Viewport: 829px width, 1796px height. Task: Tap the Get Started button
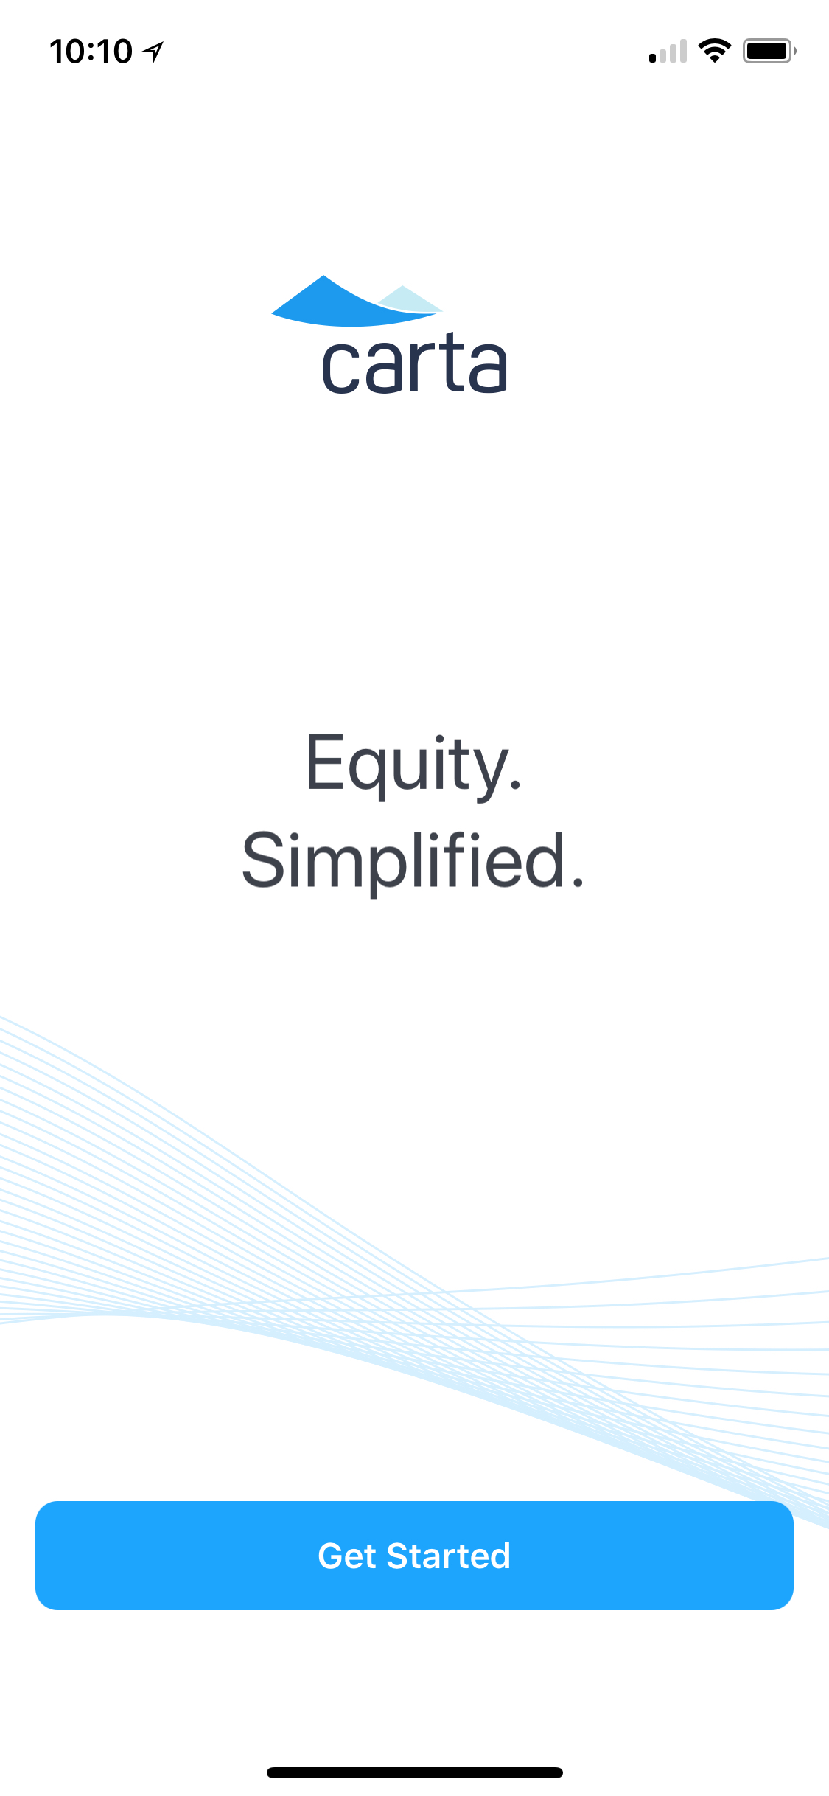pyautogui.click(x=414, y=1555)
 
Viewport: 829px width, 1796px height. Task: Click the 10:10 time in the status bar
pyautogui.click(x=91, y=52)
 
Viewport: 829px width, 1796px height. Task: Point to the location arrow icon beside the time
pyautogui.click(x=153, y=52)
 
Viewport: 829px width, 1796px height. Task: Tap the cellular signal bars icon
pyautogui.click(x=668, y=52)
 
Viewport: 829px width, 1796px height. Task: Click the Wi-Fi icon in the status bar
pyautogui.click(x=714, y=51)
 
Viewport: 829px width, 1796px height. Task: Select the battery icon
pyautogui.click(x=769, y=51)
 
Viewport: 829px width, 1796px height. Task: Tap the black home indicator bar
pyautogui.click(x=415, y=1772)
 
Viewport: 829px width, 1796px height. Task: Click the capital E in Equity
pyautogui.click(x=325, y=762)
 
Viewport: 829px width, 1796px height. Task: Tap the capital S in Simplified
pyautogui.click(x=263, y=860)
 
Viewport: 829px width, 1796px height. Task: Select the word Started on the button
pyautogui.click(x=448, y=1556)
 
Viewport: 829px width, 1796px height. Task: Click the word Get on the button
pyautogui.click(x=347, y=1556)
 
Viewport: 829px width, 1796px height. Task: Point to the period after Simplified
pyautogui.click(x=577, y=881)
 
